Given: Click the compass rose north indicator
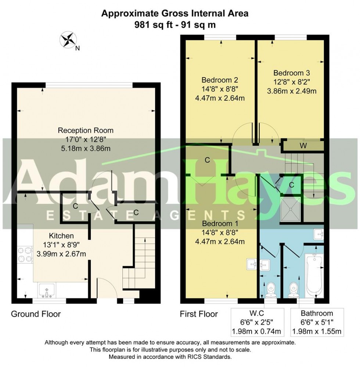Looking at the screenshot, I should [68, 40].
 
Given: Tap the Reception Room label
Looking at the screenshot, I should [86, 130].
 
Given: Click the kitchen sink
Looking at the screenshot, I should [47, 290].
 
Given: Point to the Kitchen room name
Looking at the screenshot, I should [61, 236].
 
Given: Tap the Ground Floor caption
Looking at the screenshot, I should [36, 314].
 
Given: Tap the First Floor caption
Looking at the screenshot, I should [199, 314].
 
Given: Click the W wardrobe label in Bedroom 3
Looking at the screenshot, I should [303, 146].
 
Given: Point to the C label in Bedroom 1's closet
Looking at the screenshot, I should [207, 160].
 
